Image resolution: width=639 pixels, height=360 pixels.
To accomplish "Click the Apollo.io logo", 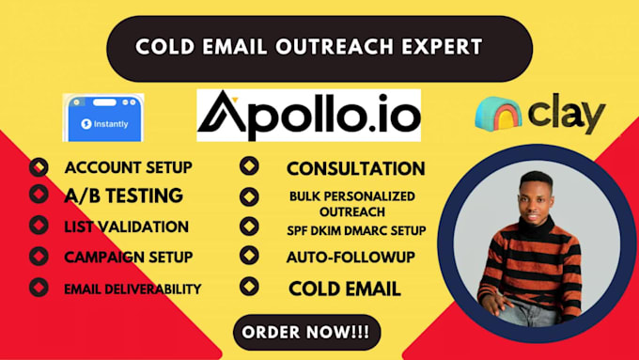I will pos(309,116).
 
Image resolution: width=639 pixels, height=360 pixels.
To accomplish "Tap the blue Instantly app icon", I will pos(102,117).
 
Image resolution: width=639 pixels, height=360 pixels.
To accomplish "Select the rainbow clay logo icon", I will pos(498,114).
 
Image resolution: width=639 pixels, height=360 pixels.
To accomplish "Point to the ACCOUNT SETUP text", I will pos(128,168).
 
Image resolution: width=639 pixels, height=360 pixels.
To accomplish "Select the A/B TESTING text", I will pos(123,196).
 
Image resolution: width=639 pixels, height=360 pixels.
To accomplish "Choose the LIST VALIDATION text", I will pos(126,227).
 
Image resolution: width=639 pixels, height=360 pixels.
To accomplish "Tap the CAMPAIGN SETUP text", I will pos(129,257).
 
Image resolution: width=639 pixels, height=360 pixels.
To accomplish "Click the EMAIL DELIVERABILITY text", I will pos(132,289).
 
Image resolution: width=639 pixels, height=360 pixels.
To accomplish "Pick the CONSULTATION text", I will pos(355,169).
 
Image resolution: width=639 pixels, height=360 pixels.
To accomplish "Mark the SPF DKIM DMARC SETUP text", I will pos(356,230).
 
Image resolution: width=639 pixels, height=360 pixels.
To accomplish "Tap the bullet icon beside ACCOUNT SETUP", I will pos(39,168).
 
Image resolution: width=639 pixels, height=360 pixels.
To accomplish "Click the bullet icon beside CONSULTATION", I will pos(249,167).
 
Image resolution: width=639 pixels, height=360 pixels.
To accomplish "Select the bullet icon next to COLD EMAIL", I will pos(249,288).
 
